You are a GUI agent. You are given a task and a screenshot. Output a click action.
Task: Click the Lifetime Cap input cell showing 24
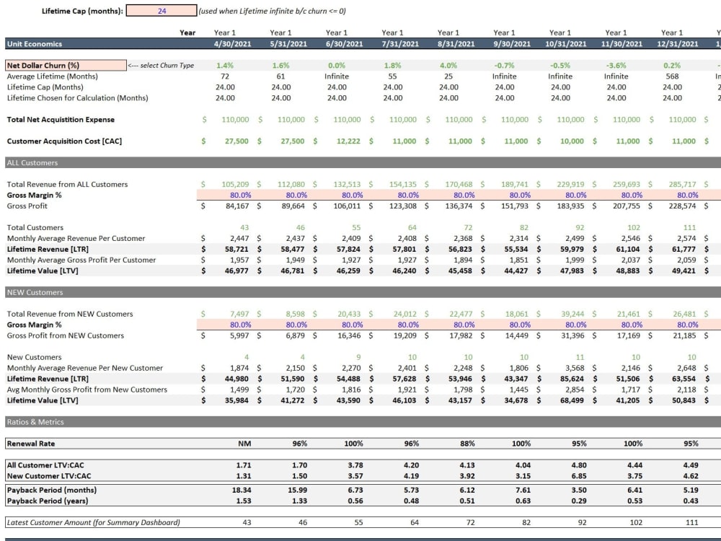[161, 11]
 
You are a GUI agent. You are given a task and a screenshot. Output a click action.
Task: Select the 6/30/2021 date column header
[337, 43]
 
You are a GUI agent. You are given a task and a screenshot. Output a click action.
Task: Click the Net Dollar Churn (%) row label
[43, 66]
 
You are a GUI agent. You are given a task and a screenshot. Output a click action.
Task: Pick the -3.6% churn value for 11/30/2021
[616, 66]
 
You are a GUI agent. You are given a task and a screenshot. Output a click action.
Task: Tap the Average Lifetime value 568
[672, 76]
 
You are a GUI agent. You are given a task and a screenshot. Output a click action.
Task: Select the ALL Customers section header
[32, 163]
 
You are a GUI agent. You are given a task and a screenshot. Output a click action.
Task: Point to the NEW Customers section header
[35, 293]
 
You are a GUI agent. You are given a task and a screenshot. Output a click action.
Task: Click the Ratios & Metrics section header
[36, 422]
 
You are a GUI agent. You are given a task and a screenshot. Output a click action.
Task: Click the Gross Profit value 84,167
[234, 206]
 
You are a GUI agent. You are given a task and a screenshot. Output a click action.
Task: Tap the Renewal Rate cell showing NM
[244, 444]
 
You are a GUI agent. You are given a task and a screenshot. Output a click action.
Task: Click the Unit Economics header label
[35, 43]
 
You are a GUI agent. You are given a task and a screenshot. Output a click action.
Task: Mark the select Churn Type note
[161, 66]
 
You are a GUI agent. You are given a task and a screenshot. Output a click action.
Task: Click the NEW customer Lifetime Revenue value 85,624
[571, 379]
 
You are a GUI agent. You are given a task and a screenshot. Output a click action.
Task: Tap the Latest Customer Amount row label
[94, 522]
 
